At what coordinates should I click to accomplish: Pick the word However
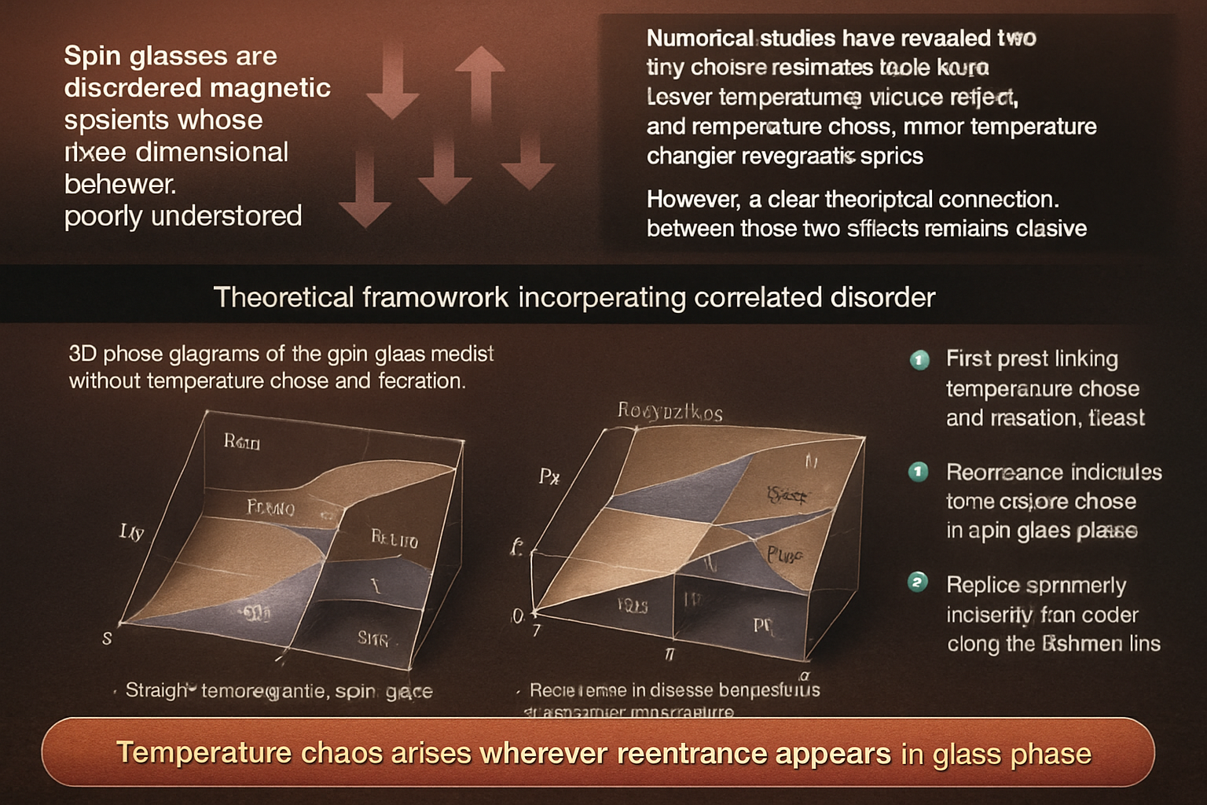click(692, 200)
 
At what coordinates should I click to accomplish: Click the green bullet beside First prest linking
click(919, 360)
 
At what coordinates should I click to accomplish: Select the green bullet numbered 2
click(918, 583)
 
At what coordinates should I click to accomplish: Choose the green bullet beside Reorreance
click(918, 472)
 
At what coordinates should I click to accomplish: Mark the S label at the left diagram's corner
click(107, 638)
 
